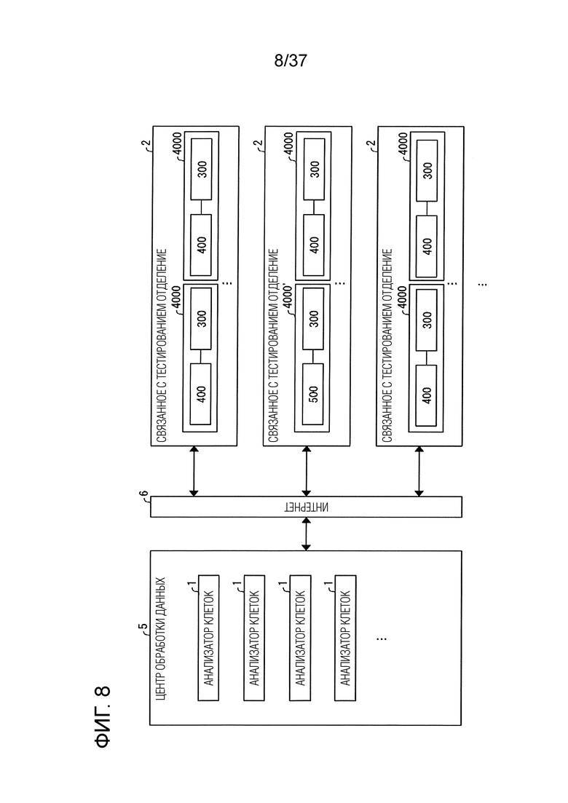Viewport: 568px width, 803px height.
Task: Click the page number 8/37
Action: point(291,61)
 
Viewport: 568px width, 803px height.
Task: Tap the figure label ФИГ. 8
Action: point(103,716)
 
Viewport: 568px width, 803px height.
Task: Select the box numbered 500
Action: point(313,394)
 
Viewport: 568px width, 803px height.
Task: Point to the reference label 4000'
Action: point(288,297)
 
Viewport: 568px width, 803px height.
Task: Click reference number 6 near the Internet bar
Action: point(144,495)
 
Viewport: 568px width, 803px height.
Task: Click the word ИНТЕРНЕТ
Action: point(307,507)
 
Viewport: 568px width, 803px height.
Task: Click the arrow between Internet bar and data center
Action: point(307,534)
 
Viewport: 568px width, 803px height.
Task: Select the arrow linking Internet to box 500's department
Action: point(307,471)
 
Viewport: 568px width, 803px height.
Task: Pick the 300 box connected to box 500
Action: point(313,319)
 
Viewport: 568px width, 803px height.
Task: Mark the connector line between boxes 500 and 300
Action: point(313,357)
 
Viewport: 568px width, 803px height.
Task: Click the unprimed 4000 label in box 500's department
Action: point(288,145)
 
